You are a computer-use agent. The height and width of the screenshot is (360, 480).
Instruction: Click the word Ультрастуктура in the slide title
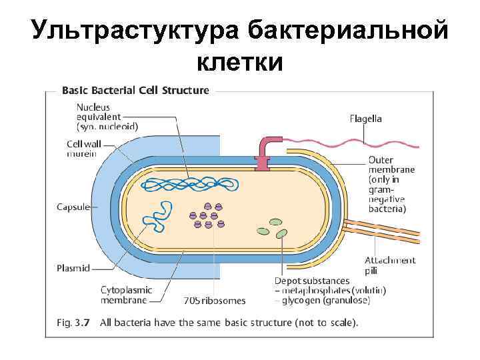(x=133, y=31)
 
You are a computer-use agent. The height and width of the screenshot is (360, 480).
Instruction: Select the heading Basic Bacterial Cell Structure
(x=135, y=90)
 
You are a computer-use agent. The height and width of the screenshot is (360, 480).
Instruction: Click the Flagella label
(x=366, y=119)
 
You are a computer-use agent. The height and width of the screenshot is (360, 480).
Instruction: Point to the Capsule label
(x=73, y=207)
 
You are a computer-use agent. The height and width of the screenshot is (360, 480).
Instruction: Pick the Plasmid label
(x=73, y=269)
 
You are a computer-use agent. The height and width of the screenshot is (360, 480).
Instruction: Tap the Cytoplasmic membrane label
(x=127, y=295)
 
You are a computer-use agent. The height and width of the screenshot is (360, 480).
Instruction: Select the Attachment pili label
(x=390, y=265)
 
